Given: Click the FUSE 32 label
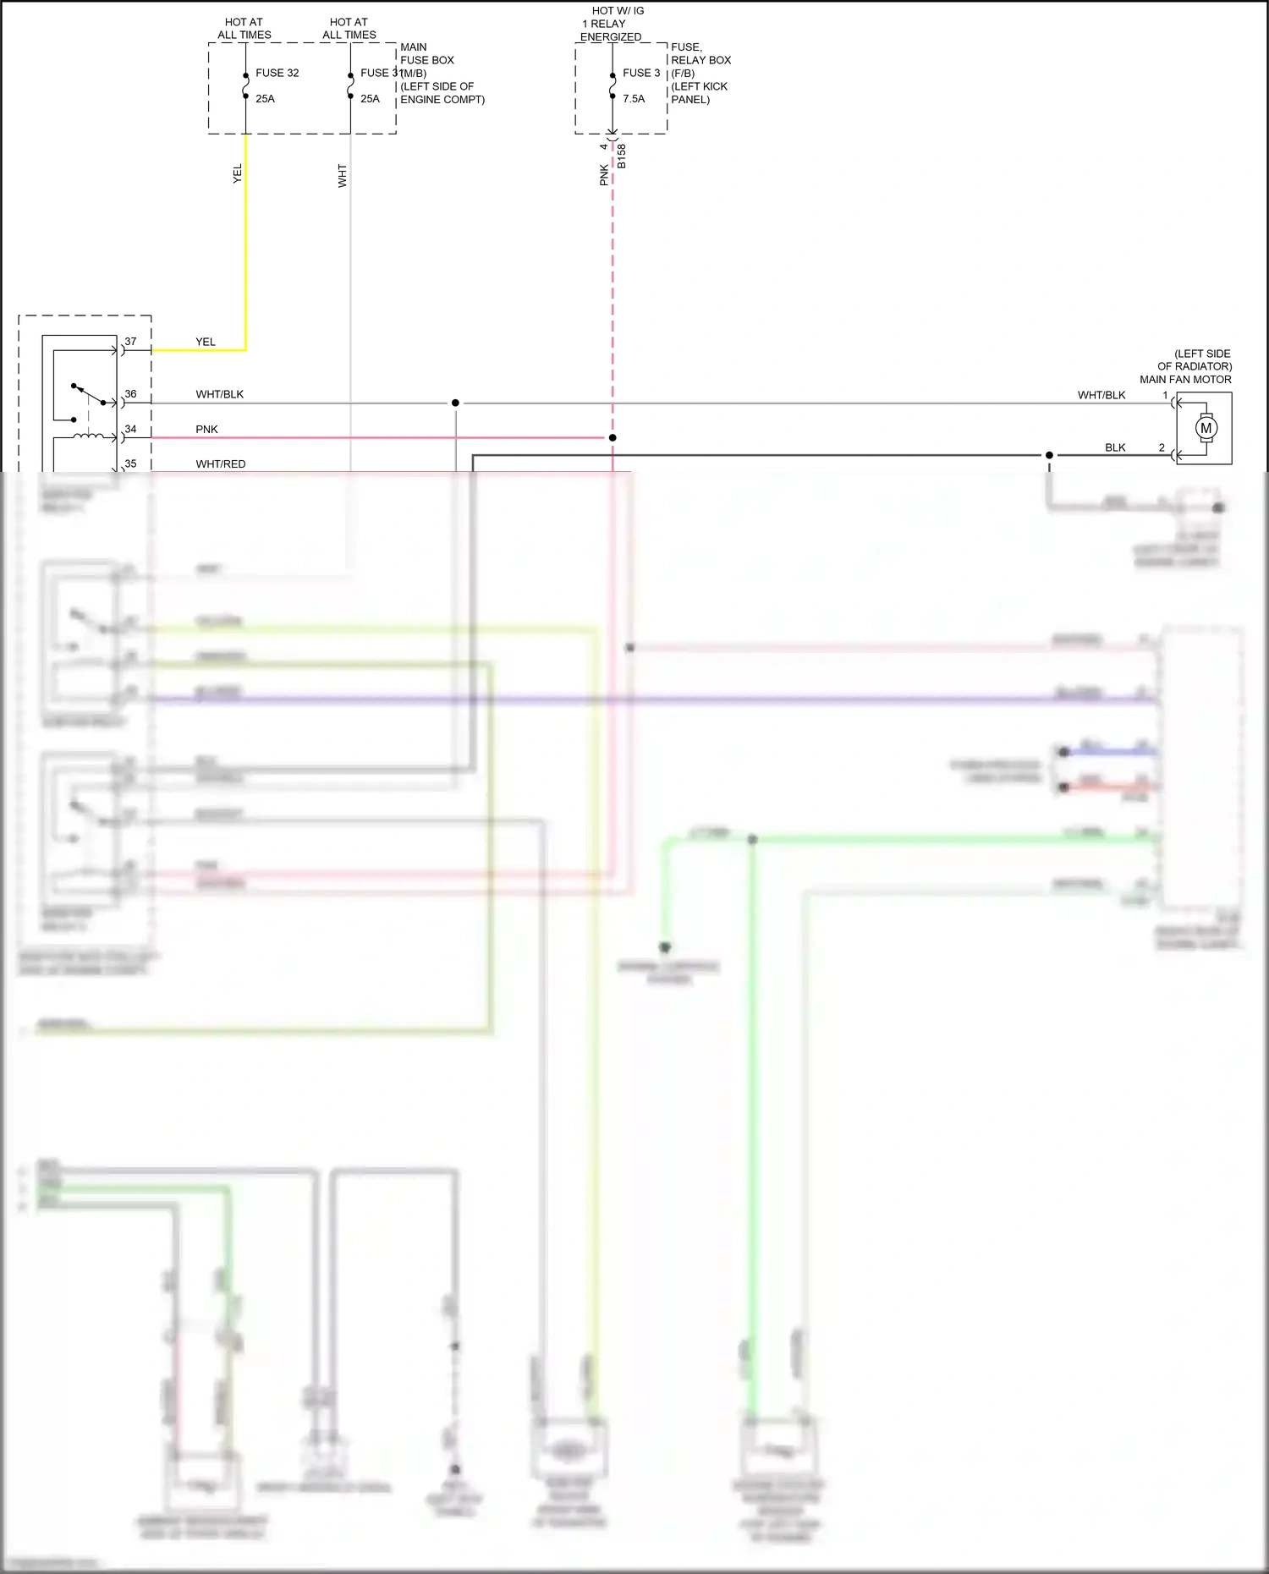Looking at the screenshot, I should pos(277,73).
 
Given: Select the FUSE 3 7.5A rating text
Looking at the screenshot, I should pos(634,99).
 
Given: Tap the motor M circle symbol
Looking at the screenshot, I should pos(1206,428).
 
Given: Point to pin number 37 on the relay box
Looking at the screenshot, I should pos(130,342).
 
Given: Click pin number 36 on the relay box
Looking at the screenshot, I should pos(130,394).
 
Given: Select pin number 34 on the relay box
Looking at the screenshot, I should pos(130,429).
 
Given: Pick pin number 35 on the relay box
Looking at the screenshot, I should pos(130,463).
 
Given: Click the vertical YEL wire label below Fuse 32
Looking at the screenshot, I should pos(238,173).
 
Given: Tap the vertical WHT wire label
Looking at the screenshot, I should pos(343,176).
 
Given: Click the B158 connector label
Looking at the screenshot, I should pos(622,156).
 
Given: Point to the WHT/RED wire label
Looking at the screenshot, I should pos(220,464).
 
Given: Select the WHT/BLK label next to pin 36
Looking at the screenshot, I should pos(219,394).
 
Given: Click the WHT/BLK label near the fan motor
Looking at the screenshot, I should pos(1101,395).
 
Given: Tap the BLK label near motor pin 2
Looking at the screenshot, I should pos(1115,447).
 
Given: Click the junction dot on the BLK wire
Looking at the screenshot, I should pos(1049,455).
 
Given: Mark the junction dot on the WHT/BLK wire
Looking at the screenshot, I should pos(455,403).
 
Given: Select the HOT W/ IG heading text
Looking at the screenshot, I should pos(618,11).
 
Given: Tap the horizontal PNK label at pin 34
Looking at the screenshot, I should pos(206,430).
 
